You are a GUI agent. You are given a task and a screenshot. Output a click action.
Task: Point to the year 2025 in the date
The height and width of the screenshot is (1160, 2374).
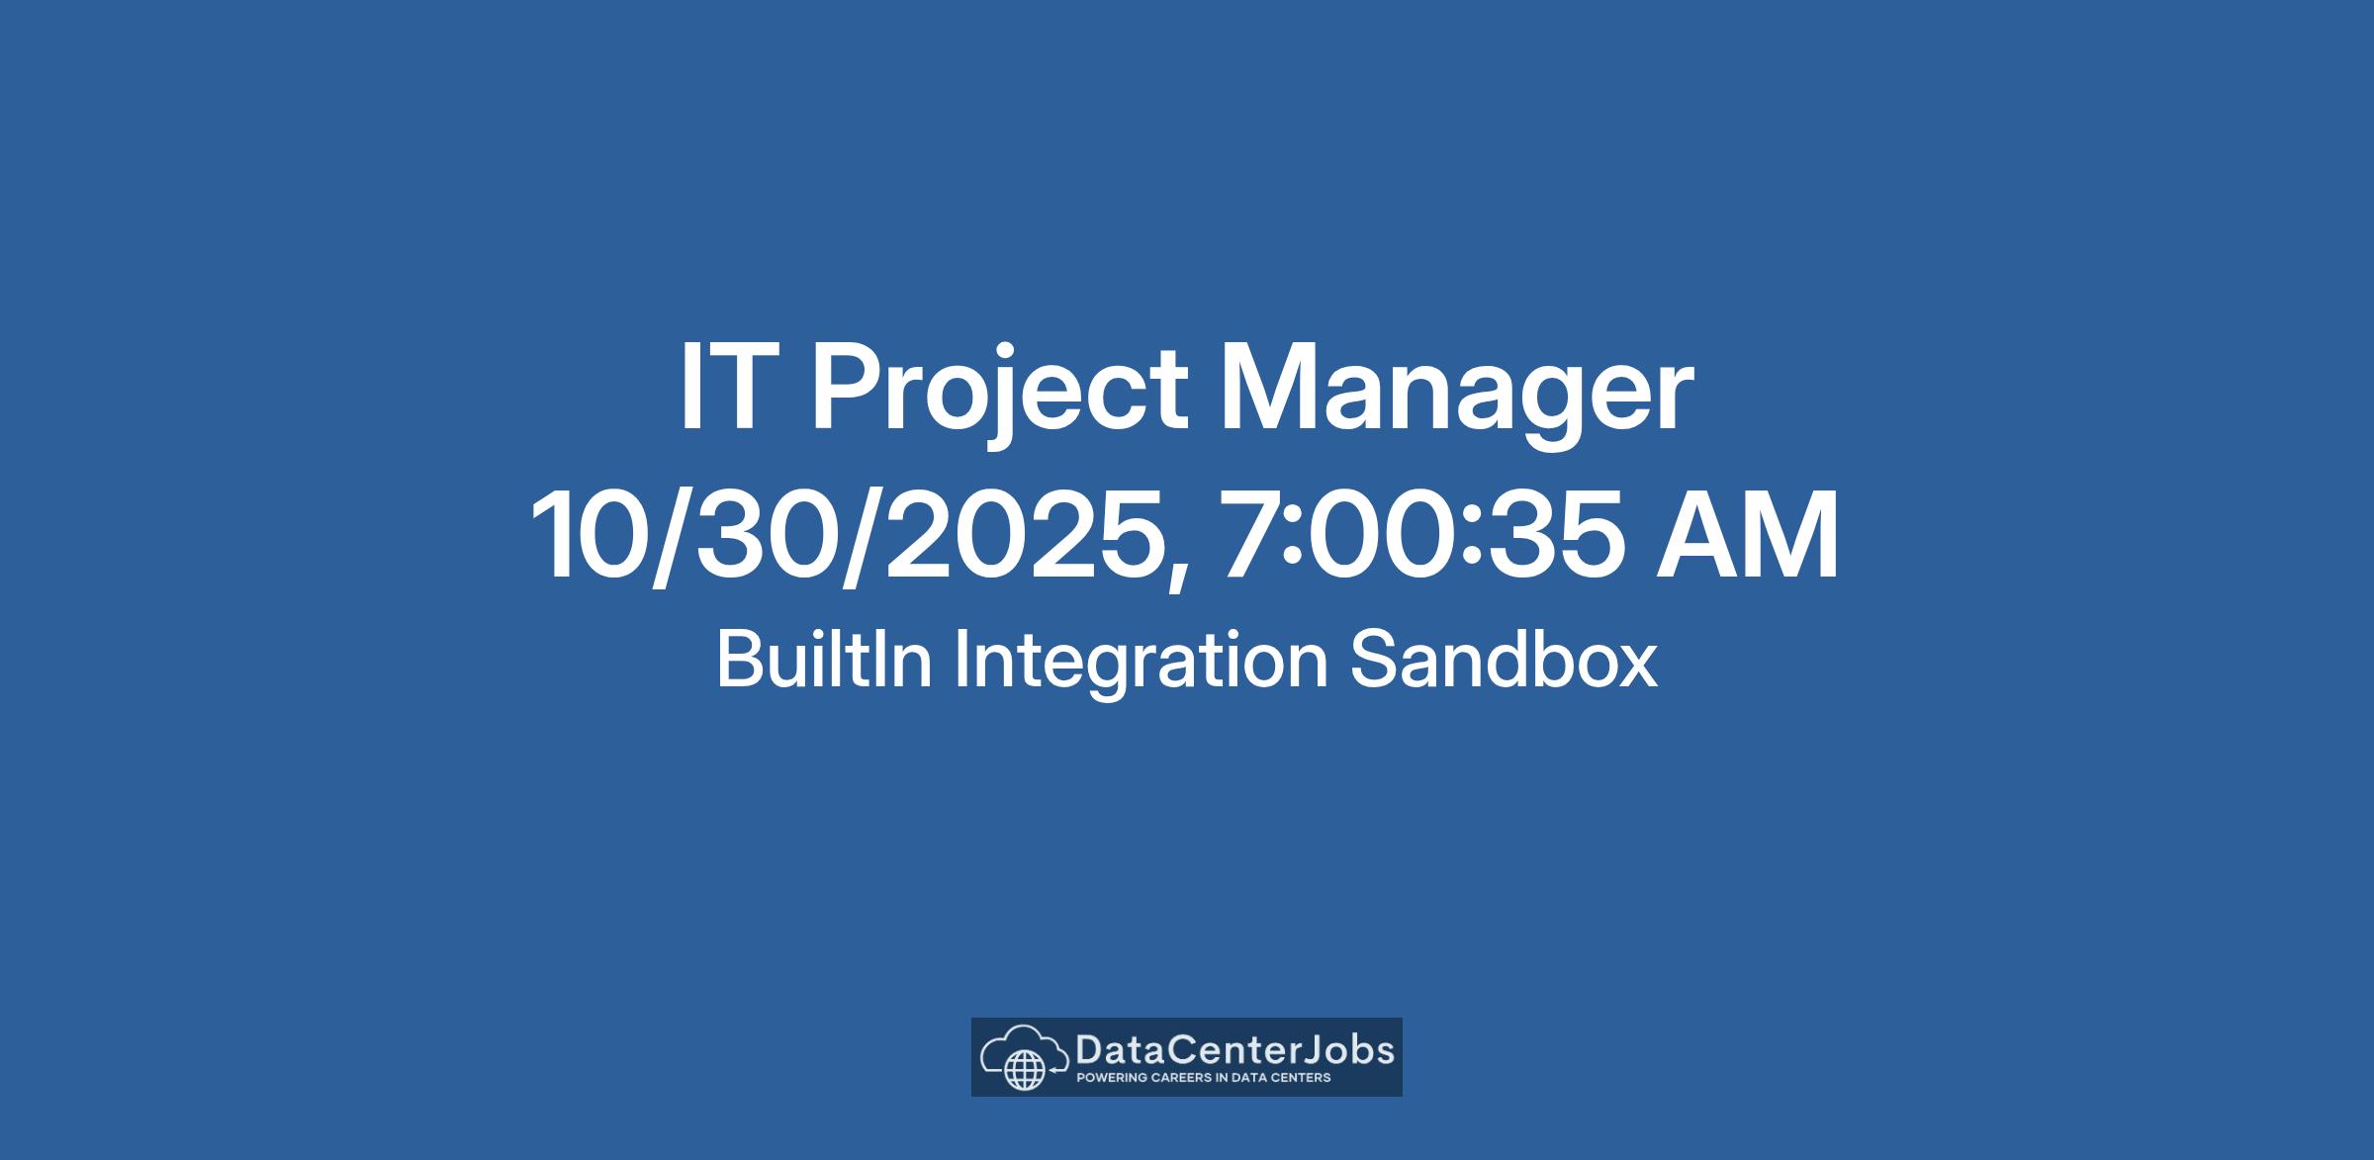1024,535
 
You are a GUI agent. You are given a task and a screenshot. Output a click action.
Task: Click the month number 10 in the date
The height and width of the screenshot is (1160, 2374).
593,535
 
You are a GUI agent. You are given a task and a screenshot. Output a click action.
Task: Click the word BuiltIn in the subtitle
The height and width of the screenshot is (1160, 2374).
824,659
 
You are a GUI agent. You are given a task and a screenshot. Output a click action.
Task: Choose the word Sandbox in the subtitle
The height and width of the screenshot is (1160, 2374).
1504,659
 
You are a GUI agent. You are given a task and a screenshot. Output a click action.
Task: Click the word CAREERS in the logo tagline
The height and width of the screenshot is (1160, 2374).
1181,1077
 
